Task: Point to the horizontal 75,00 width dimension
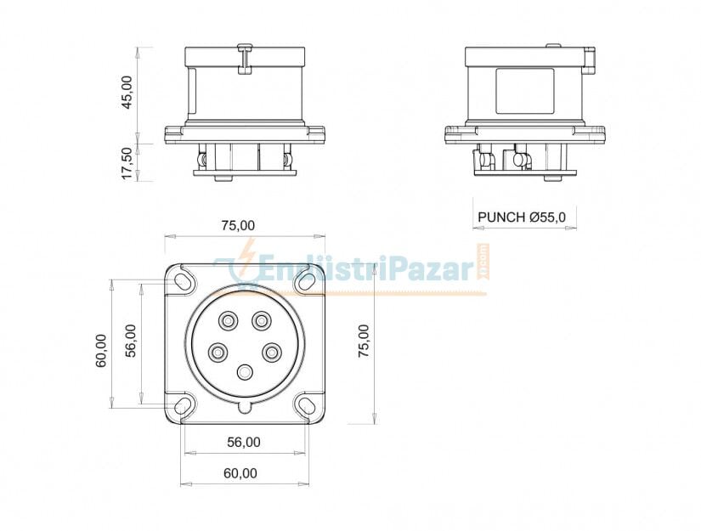click(x=238, y=225)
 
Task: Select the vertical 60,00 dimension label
click(x=101, y=349)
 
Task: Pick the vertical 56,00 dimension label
click(x=131, y=341)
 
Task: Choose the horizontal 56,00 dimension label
click(x=243, y=442)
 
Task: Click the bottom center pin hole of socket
click(x=246, y=372)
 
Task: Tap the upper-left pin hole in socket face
click(x=228, y=320)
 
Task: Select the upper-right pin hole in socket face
click(x=261, y=320)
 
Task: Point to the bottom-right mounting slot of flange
click(x=307, y=405)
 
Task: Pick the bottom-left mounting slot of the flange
click(x=183, y=405)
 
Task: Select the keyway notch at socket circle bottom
click(x=245, y=407)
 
